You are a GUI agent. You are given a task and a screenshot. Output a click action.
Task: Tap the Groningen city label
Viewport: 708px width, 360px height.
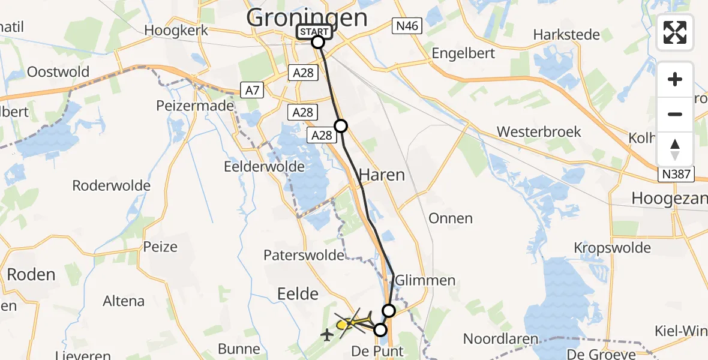click(307, 17)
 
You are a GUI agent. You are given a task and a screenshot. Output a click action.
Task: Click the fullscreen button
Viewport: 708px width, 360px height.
click(675, 32)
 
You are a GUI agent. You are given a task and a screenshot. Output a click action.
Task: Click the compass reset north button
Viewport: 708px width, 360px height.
click(675, 149)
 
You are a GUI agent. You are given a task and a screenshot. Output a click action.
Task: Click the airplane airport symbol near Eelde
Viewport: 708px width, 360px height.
click(327, 334)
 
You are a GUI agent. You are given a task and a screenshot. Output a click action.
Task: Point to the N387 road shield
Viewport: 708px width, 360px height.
click(676, 175)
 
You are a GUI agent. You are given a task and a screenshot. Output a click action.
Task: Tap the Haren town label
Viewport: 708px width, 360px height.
click(382, 175)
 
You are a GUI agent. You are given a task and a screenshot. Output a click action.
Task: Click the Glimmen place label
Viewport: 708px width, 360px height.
click(425, 280)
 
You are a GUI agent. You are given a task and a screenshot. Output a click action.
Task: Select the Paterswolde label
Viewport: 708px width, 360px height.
click(304, 255)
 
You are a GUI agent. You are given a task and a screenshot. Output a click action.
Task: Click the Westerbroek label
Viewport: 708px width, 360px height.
click(539, 131)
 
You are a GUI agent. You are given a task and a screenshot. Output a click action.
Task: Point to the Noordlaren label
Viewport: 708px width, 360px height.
click(501, 339)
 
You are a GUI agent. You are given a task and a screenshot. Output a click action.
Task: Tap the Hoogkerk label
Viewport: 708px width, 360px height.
click(176, 31)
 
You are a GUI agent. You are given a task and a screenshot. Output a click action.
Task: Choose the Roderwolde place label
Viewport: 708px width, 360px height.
click(111, 185)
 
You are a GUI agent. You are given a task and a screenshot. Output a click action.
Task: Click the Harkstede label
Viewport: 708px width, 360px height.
click(567, 34)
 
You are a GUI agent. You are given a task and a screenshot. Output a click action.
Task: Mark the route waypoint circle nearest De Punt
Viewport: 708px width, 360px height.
click(380, 329)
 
